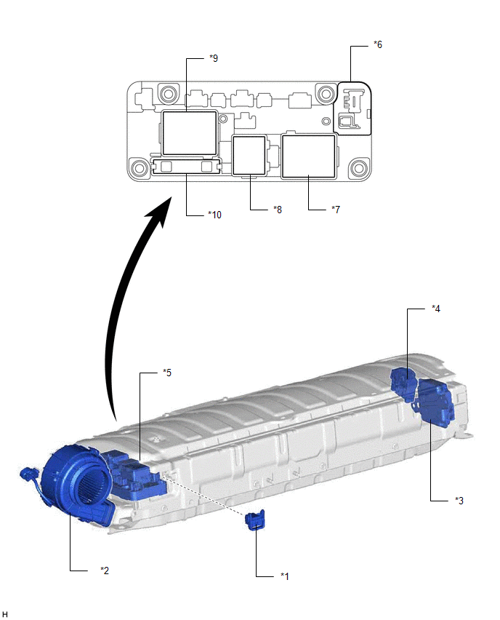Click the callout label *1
coord(285,576)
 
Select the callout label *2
coord(105,571)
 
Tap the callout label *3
coord(459,501)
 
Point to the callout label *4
coord(436,309)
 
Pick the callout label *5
coord(167,373)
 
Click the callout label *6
coord(378,44)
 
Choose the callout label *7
coord(336,210)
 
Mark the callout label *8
coord(278,210)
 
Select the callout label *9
coord(214,58)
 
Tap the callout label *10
coord(215,215)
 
